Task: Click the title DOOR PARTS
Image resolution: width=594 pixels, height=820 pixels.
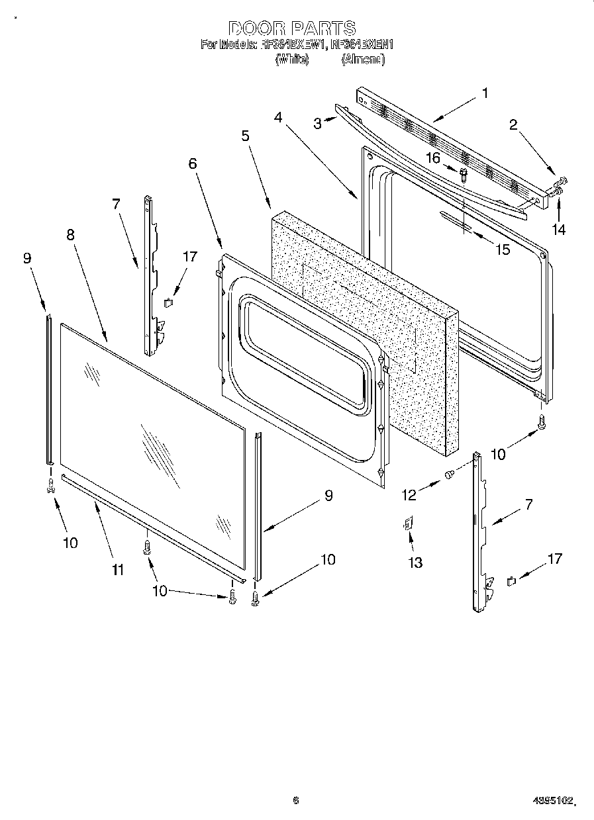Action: pos(292,28)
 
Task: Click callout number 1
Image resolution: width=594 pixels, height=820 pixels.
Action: pos(485,93)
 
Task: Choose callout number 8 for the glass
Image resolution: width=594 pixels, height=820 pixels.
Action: pos(71,234)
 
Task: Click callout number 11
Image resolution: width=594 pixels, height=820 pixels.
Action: pos(118,569)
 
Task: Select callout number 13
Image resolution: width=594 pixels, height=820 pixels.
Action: pos(415,562)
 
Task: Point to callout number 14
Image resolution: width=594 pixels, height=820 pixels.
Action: pos(560,230)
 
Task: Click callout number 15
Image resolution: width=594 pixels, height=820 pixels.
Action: pos(503,250)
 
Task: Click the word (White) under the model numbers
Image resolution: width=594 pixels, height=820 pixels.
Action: pos(291,59)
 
